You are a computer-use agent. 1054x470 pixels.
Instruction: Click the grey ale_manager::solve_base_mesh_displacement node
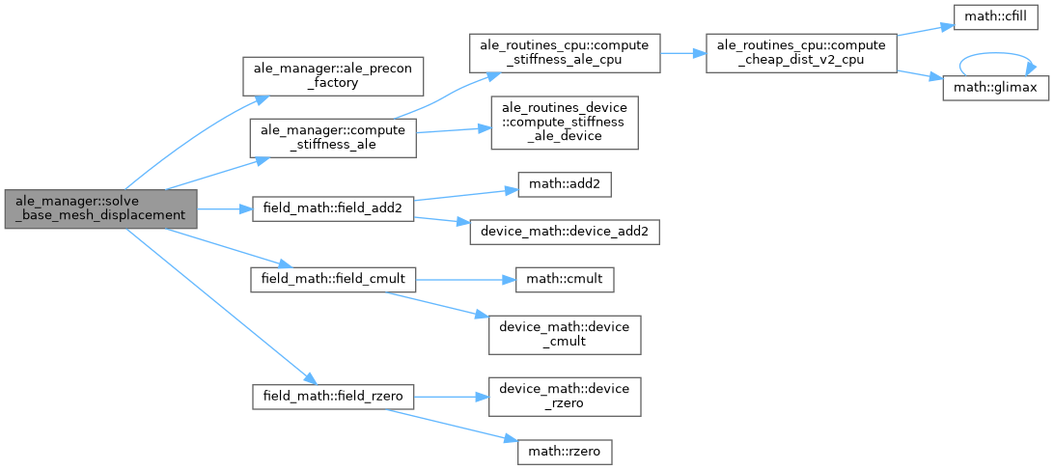pos(100,208)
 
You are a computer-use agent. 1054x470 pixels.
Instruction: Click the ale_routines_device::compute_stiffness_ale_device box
pos(564,122)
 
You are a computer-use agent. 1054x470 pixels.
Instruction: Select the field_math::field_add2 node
pos(332,207)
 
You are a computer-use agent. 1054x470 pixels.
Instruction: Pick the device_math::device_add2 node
pos(564,232)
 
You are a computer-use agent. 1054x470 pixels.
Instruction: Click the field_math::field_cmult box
pos(333,279)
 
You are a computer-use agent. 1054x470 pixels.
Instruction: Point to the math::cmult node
pos(564,279)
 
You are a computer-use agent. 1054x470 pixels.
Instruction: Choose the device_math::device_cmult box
pos(564,333)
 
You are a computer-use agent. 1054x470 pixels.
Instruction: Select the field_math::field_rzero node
pos(333,395)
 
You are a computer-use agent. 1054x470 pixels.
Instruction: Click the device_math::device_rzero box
pos(564,395)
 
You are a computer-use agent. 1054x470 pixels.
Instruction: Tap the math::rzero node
pos(564,450)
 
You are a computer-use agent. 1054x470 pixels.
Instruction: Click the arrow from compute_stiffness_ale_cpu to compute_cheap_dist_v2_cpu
pos(682,54)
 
